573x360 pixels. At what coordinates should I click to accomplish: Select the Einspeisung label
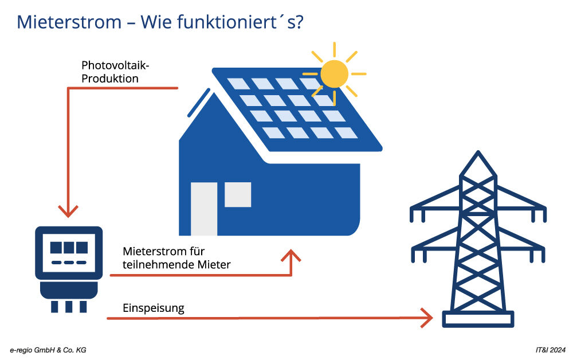pyautogui.click(x=154, y=308)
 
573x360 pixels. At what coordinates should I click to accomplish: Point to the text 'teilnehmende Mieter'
pyautogui.click(x=176, y=264)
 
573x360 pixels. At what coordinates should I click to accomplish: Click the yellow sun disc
pyautogui.click(x=334, y=73)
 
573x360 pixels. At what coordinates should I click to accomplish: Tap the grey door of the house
pyautogui.click(x=203, y=209)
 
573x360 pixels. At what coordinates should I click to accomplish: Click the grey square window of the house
pyautogui.click(x=238, y=194)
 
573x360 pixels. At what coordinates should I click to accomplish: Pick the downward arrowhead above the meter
pyautogui.click(x=69, y=211)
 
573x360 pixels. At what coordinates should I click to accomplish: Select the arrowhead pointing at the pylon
pyautogui.click(x=427, y=316)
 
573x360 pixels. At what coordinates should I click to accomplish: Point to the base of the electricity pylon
pyautogui.click(x=477, y=319)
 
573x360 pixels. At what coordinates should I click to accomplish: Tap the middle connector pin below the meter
pyautogui.click(x=69, y=306)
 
